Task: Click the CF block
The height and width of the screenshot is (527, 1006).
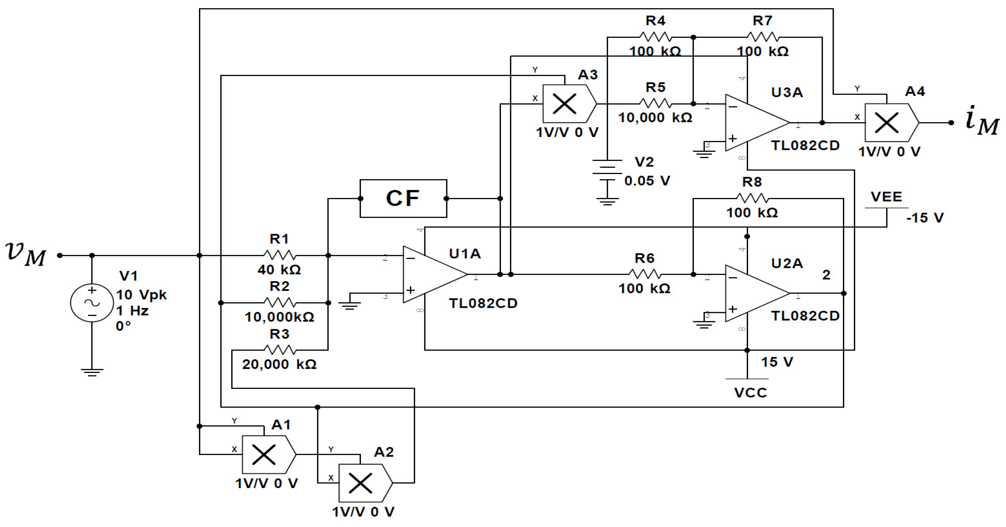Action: coord(403,198)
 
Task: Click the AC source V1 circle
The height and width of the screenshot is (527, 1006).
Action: coord(92,303)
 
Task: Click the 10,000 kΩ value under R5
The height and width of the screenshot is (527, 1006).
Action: coord(655,117)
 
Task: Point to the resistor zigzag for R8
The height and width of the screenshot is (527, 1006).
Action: coord(752,198)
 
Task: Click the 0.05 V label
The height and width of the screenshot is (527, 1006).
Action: coord(647,181)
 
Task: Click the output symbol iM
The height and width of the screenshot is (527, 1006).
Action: coord(982,121)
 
